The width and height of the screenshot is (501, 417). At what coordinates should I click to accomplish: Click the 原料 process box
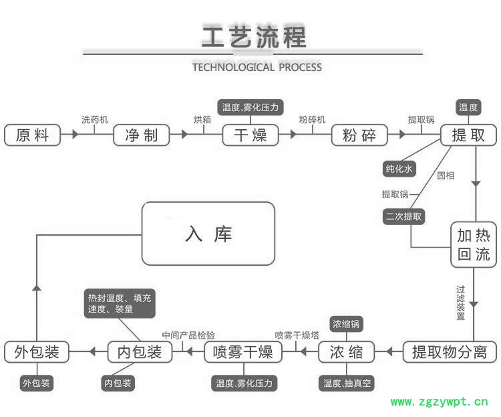click(x=32, y=135)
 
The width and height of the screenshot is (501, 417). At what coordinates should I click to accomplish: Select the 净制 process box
click(x=141, y=135)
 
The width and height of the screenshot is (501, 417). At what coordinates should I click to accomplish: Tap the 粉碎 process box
click(x=359, y=135)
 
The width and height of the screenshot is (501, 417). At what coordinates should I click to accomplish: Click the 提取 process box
click(x=469, y=135)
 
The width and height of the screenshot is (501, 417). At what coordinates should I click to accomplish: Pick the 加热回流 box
click(x=474, y=245)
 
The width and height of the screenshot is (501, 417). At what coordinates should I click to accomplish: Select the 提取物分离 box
click(x=451, y=351)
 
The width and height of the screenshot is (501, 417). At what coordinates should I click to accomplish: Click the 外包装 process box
click(x=37, y=351)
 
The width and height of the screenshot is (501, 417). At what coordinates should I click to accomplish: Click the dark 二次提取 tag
click(x=404, y=216)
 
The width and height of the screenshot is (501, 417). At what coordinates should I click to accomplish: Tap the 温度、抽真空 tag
click(x=347, y=384)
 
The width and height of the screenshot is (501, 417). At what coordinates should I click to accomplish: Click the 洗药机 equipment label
click(x=94, y=119)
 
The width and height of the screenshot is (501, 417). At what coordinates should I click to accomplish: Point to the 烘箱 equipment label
click(x=202, y=119)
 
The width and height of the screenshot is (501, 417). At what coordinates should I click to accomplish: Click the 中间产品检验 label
click(x=189, y=334)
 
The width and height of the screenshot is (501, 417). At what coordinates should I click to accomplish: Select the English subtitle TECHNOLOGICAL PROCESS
click(x=257, y=67)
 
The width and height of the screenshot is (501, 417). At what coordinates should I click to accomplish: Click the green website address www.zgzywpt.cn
click(x=440, y=402)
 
